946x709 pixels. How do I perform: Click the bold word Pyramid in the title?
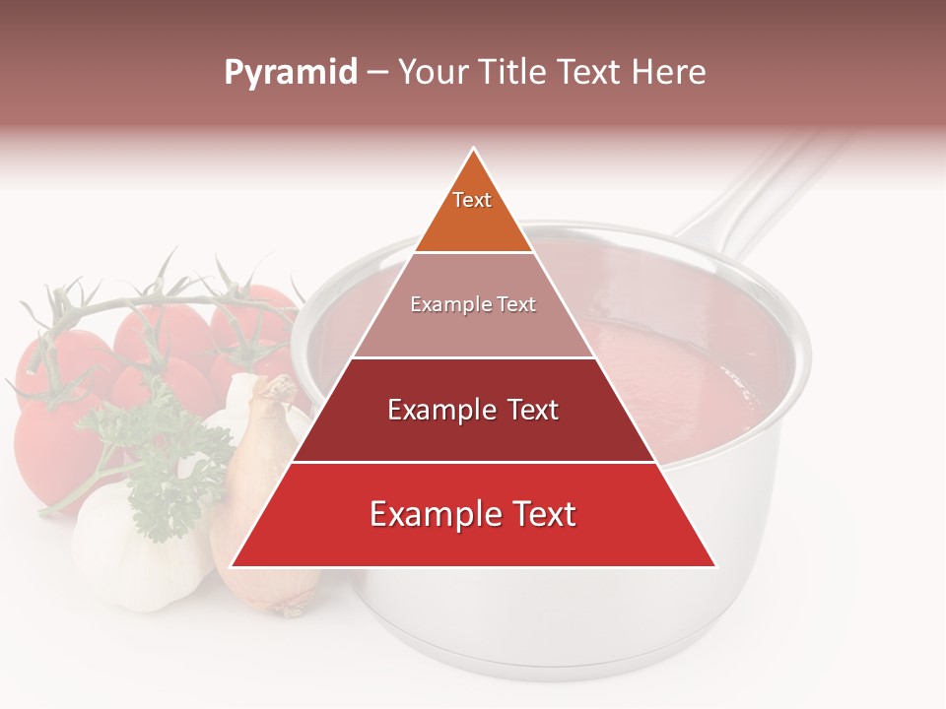click(291, 73)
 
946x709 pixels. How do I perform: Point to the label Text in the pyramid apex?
click(472, 200)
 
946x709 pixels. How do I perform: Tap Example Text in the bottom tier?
click(473, 514)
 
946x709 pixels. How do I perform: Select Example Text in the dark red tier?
click(473, 410)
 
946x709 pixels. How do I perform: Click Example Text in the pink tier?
click(473, 304)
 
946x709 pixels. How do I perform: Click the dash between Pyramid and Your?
click(376, 73)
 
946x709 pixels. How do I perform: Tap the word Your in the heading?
click(431, 72)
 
